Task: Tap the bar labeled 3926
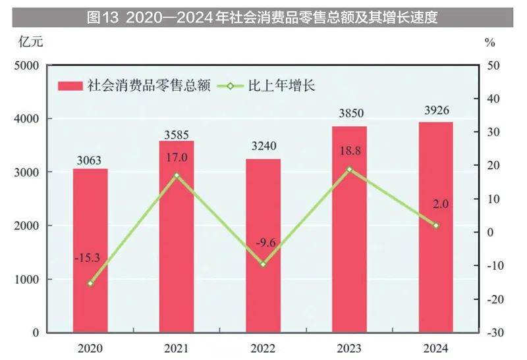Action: (x=436, y=227)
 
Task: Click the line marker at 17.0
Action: (x=177, y=175)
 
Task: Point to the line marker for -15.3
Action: (x=90, y=283)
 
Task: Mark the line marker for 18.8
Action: (x=349, y=169)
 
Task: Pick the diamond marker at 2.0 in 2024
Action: (x=436, y=225)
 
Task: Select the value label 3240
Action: (x=263, y=146)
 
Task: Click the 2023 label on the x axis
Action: (x=349, y=347)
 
